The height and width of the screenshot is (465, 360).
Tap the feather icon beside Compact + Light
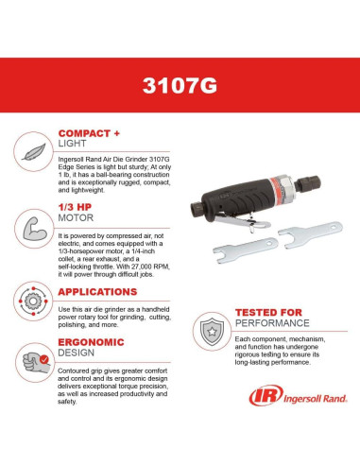coord(32,149)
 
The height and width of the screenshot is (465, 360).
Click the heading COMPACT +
coord(88,134)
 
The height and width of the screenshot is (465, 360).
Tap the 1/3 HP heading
coord(77,208)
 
